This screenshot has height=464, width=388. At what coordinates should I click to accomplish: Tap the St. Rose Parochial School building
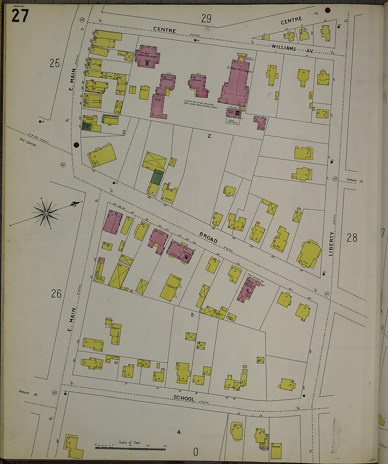147,56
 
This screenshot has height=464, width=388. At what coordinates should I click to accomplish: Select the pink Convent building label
168,80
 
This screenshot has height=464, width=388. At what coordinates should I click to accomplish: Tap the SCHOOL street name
184,398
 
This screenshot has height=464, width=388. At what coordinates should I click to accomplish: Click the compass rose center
46,214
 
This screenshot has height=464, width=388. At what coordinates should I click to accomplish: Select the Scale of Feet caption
130,442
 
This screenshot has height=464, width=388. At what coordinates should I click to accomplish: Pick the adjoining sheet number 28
352,238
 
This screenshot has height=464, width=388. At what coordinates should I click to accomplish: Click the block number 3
192,315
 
